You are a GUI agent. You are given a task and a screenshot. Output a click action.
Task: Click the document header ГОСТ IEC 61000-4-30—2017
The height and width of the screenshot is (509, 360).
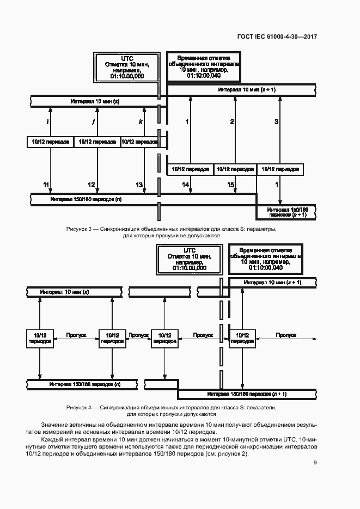277,36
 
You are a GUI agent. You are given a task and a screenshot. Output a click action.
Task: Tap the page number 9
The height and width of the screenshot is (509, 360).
315,463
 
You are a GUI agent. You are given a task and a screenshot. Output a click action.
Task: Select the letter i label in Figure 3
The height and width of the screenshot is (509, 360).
48,121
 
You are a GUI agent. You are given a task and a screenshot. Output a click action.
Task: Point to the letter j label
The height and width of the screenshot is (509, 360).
94,121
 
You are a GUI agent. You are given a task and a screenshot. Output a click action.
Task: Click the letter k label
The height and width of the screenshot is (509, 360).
141,121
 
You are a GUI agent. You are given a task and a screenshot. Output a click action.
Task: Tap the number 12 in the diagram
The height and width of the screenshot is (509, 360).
91,185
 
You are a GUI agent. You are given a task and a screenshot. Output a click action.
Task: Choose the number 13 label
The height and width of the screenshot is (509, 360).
139,185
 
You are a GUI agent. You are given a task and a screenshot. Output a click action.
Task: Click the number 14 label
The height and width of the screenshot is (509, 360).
186,186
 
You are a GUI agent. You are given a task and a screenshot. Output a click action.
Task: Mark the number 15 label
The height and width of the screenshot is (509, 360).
231,186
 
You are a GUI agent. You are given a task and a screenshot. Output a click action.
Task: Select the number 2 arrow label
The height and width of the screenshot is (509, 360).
232,121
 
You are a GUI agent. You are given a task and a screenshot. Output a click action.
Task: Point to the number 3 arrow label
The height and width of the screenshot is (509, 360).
276,121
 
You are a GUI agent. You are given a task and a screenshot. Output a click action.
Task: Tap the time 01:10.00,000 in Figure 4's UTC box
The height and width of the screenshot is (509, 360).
189,268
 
